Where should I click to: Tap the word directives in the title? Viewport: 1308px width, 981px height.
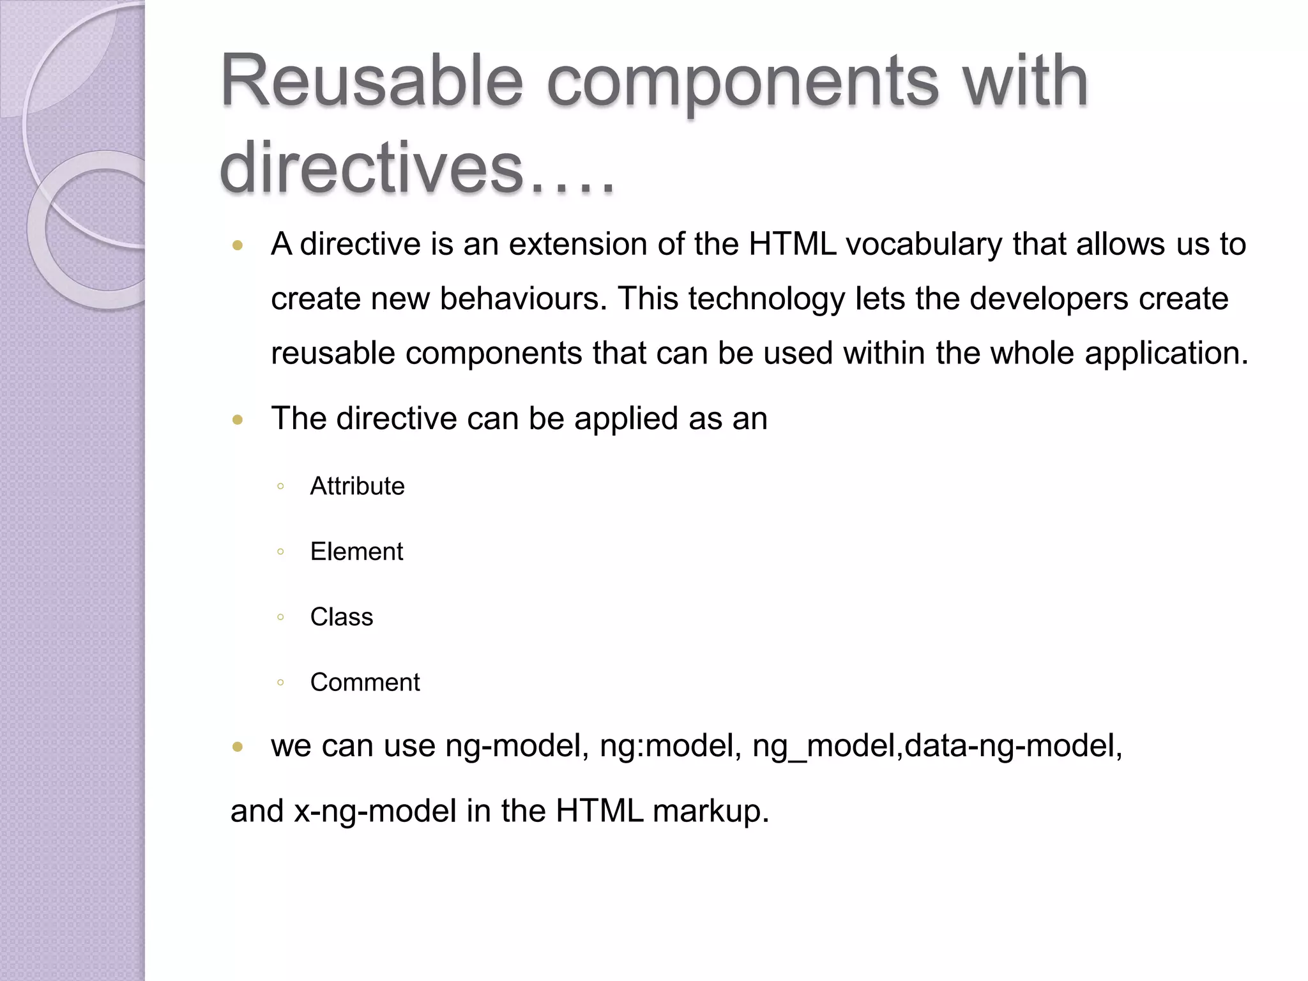click(371, 168)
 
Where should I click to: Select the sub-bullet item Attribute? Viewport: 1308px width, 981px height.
click(357, 487)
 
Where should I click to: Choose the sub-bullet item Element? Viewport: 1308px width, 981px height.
click(356, 552)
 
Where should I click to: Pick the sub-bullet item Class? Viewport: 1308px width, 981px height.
click(342, 617)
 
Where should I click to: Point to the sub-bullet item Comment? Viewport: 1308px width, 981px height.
click(365, 683)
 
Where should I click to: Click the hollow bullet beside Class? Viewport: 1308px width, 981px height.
click(280, 617)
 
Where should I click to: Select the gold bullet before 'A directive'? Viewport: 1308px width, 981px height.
click(238, 245)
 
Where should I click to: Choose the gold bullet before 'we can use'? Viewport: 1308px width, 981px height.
click(238, 746)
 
